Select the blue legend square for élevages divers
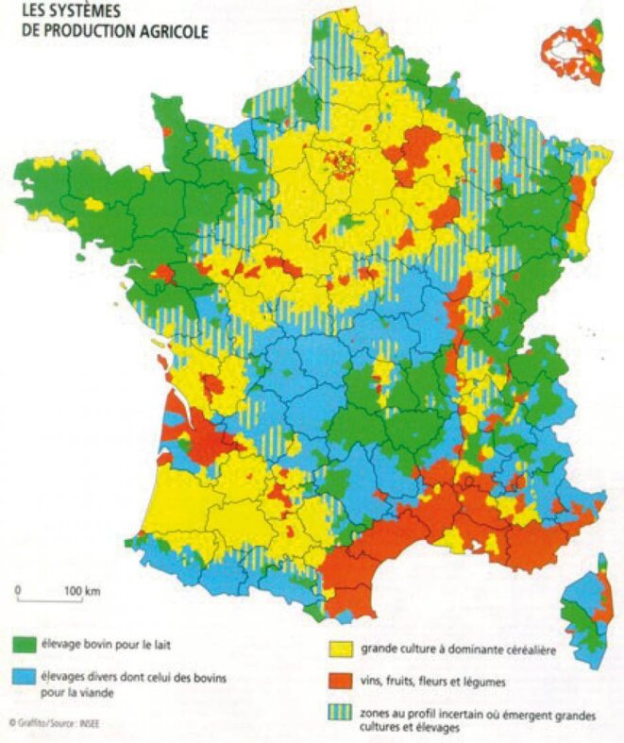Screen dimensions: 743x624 (23, 678)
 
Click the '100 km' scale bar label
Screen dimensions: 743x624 (82, 591)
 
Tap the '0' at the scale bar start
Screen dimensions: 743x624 (18, 591)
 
